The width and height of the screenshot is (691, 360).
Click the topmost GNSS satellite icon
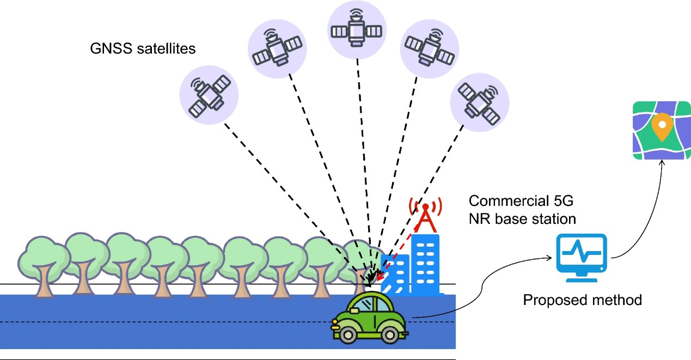(357, 29)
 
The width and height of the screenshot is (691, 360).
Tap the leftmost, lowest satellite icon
(209, 94)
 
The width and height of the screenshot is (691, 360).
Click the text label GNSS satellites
(143, 49)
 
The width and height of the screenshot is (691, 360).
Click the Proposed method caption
(582, 300)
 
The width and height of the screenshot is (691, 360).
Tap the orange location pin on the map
(661, 127)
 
